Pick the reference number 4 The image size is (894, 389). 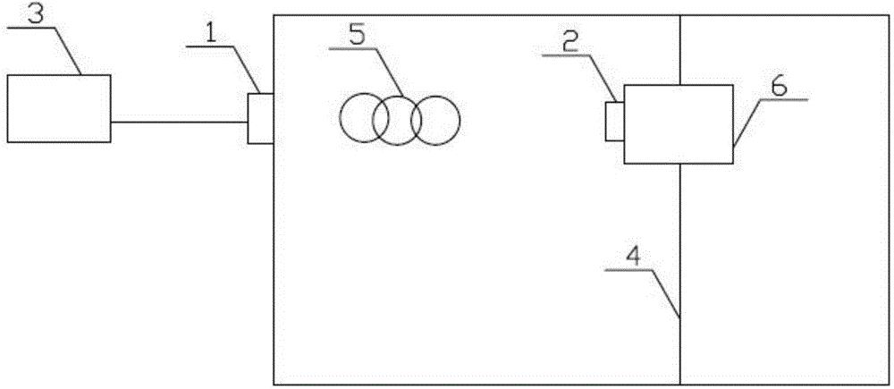632,257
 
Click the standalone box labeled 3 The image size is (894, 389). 58,108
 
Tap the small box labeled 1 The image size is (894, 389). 259,118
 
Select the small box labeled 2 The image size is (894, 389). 614,122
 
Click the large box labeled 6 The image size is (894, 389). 678,123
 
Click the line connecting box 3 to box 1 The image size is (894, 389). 179,123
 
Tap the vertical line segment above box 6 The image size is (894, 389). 679,49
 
